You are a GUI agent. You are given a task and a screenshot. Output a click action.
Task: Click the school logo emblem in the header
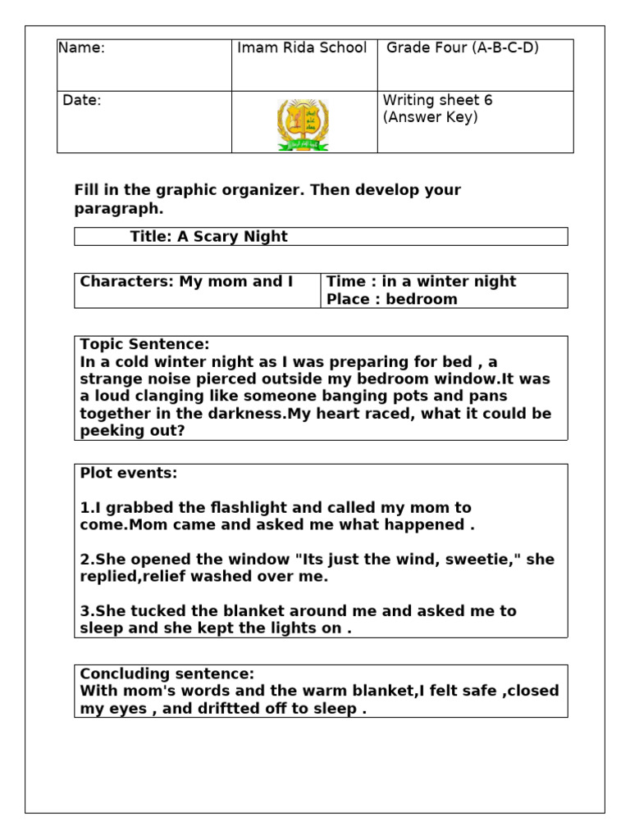(304, 124)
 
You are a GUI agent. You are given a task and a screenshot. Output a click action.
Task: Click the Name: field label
(81, 48)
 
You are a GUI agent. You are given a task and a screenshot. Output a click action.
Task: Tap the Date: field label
(83, 101)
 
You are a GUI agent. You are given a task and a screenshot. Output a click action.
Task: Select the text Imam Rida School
(302, 48)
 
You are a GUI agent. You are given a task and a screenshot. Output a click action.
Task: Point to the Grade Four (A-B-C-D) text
(463, 48)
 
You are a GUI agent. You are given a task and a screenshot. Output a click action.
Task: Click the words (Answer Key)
(431, 117)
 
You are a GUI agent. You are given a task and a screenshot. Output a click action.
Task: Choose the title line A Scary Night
(208, 237)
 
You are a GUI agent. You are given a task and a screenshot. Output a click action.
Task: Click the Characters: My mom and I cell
(186, 282)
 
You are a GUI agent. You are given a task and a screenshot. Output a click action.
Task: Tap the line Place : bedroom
(392, 299)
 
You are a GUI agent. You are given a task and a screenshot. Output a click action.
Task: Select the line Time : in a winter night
(421, 282)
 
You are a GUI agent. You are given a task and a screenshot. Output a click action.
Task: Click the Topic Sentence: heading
(144, 344)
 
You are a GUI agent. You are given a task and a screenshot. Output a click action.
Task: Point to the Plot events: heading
(128, 474)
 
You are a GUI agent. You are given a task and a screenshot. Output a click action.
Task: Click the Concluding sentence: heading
(167, 673)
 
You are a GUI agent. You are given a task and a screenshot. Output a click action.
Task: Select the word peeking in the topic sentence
(109, 431)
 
